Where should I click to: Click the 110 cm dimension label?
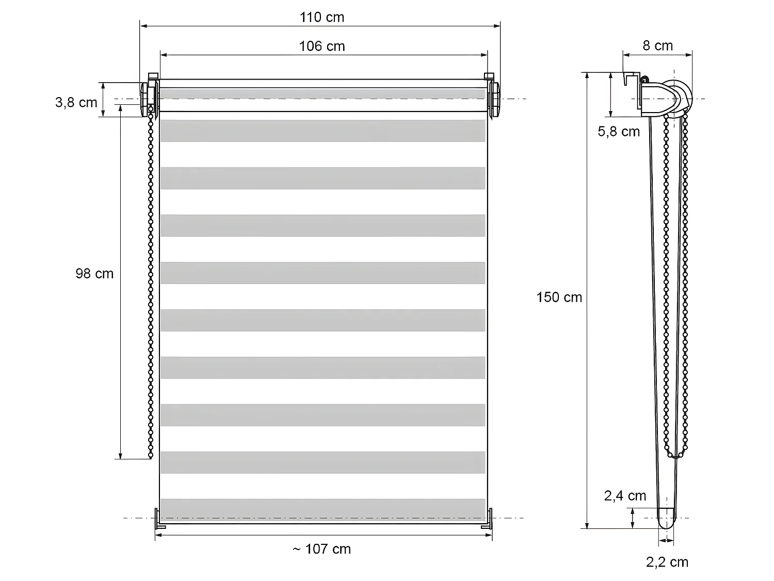pyautogui.click(x=321, y=18)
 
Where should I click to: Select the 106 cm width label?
pyautogui.click(x=321, y=46)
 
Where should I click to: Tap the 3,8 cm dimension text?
pyautogui.click(x=76, y=103)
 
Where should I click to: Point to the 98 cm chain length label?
pyautogui.click(x=94, y=274)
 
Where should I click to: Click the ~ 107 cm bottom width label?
pyautogui.click(x=321, y=549)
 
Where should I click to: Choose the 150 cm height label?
pyautogui.click(x=559, y=297)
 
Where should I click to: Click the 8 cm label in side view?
pyautogui.click(x=657, y=46)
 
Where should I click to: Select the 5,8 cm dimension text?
pyautogui.click(x=618, y=132)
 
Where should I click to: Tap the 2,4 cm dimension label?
pyautogui.click(x=625, y=496)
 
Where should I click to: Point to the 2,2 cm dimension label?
pyautogui.click(x=667, y=562)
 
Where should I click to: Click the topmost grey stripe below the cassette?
pyautogui.click(x=322, y=131)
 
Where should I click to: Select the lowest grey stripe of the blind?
pyautogui.click(x=322, y=509)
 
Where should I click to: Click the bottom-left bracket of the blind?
pyautogui.click(x=159, y=519)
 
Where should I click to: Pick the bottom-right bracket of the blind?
pyautogui.click(x=488, y=519)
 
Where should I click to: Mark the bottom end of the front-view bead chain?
pyautogui.click(x=151, y=456)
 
